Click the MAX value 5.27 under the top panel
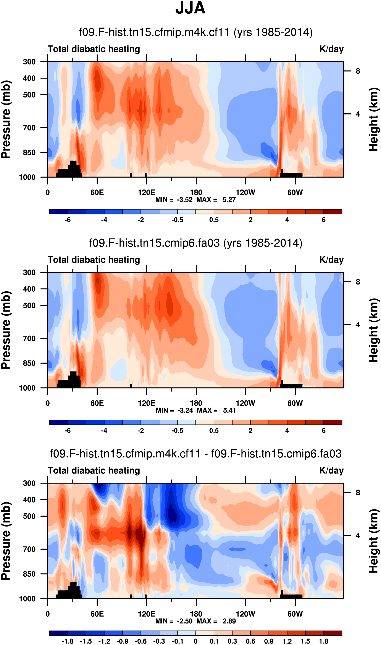click(229, 199)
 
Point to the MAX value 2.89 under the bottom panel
click(229, 621)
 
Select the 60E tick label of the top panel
click(97, 192)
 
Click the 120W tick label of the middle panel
click(245, 403)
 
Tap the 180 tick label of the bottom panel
click(196, 614)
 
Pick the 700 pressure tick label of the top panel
click(29, 127)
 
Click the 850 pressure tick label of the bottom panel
click(29, 574)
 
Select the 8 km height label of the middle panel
click(358, 282)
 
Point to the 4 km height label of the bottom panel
click(358, 536)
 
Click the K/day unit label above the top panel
click(331, 49)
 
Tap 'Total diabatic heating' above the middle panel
click(94, 260)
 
